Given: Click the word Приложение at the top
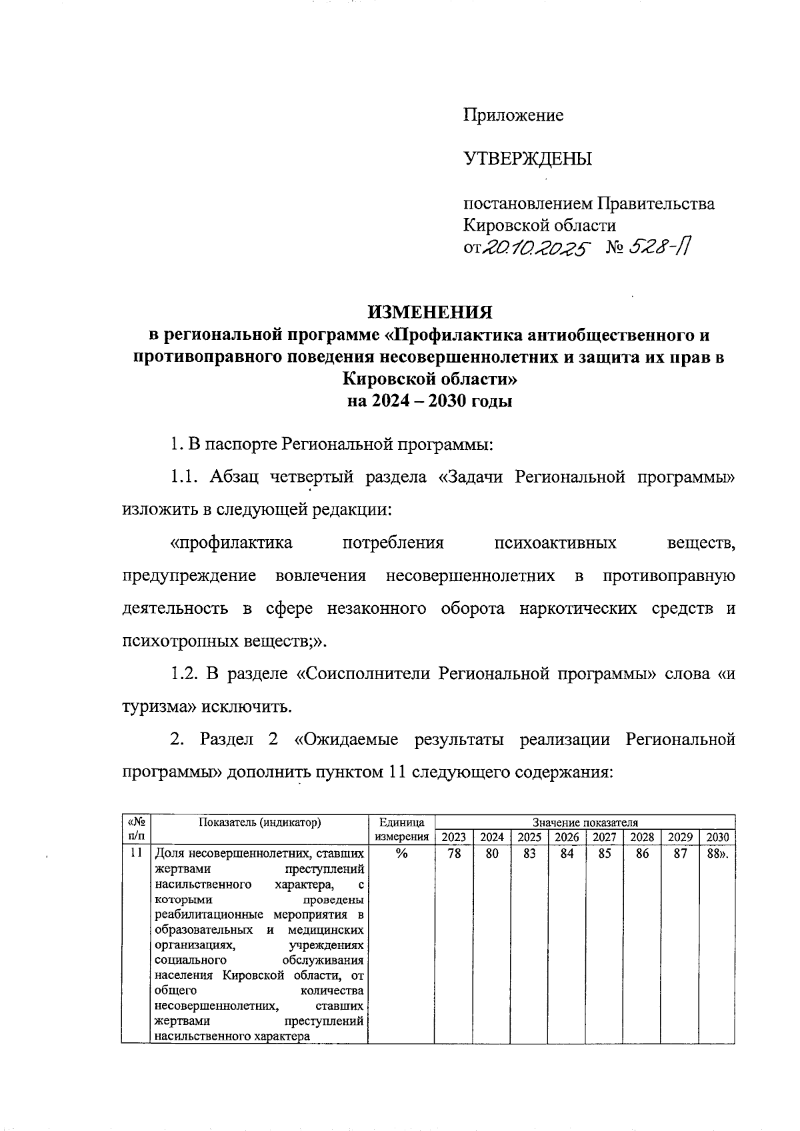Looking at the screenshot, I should point(513,116).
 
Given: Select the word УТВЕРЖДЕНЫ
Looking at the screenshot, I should point(527,159).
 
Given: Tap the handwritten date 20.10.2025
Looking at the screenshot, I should point(536,249).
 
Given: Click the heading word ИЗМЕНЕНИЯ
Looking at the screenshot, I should point(430,313).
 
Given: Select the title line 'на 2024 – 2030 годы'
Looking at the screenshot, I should point(430,402).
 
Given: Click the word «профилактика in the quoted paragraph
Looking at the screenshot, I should point(231,543).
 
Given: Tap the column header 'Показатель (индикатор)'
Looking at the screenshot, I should point(260,822).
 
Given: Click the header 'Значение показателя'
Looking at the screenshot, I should point(585,822).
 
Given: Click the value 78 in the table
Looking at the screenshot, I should point(454,853).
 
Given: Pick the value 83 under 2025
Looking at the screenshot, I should point(529,853).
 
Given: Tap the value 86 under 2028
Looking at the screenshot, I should point(642,853).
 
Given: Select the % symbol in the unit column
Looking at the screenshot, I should point(401,853).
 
